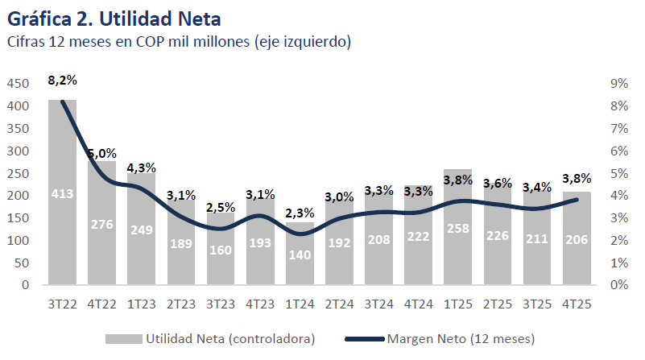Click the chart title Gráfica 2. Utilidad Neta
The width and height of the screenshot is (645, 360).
(x=114, y=16)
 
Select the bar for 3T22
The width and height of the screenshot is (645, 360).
(x=63, y=193)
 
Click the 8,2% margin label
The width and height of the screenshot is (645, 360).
(x=63, y=81)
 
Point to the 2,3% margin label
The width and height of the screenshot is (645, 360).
(x=300, y=213)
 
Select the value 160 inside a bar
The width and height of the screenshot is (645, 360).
(x=221, y=249)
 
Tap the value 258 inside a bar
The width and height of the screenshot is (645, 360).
(x=458, y=227)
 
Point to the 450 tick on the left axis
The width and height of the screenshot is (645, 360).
(x=19, y=84)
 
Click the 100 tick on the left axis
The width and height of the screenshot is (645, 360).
(x=19, y=240)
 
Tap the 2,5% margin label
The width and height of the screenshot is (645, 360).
(x=221, y=208)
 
